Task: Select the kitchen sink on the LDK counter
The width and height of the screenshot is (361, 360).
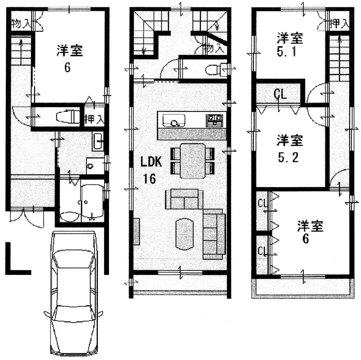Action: click(174, 120)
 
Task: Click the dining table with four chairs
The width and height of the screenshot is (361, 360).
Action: click(192, 160)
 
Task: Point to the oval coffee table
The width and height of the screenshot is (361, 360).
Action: click(185, 234)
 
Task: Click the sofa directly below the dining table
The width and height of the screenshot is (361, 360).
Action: click(182, 199)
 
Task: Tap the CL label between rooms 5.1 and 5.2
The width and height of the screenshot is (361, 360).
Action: click(280, 95)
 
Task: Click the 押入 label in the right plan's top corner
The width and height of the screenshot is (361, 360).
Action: click(340, 24)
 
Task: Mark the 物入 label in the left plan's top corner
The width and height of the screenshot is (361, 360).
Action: click(21, 24)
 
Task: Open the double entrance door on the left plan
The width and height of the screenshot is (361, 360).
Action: click(26, 216)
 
